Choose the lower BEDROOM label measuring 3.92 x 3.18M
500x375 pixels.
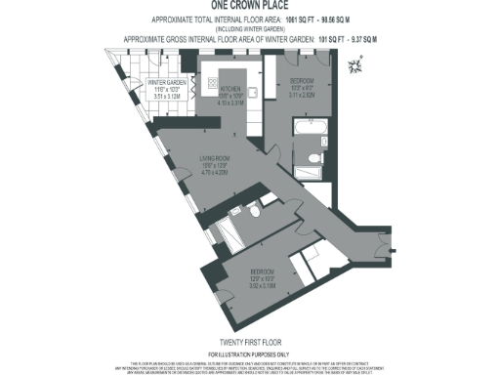pyautogui.click(x=263, y=269)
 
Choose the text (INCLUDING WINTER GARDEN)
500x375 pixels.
pyautogui.click(x=250, y=28)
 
